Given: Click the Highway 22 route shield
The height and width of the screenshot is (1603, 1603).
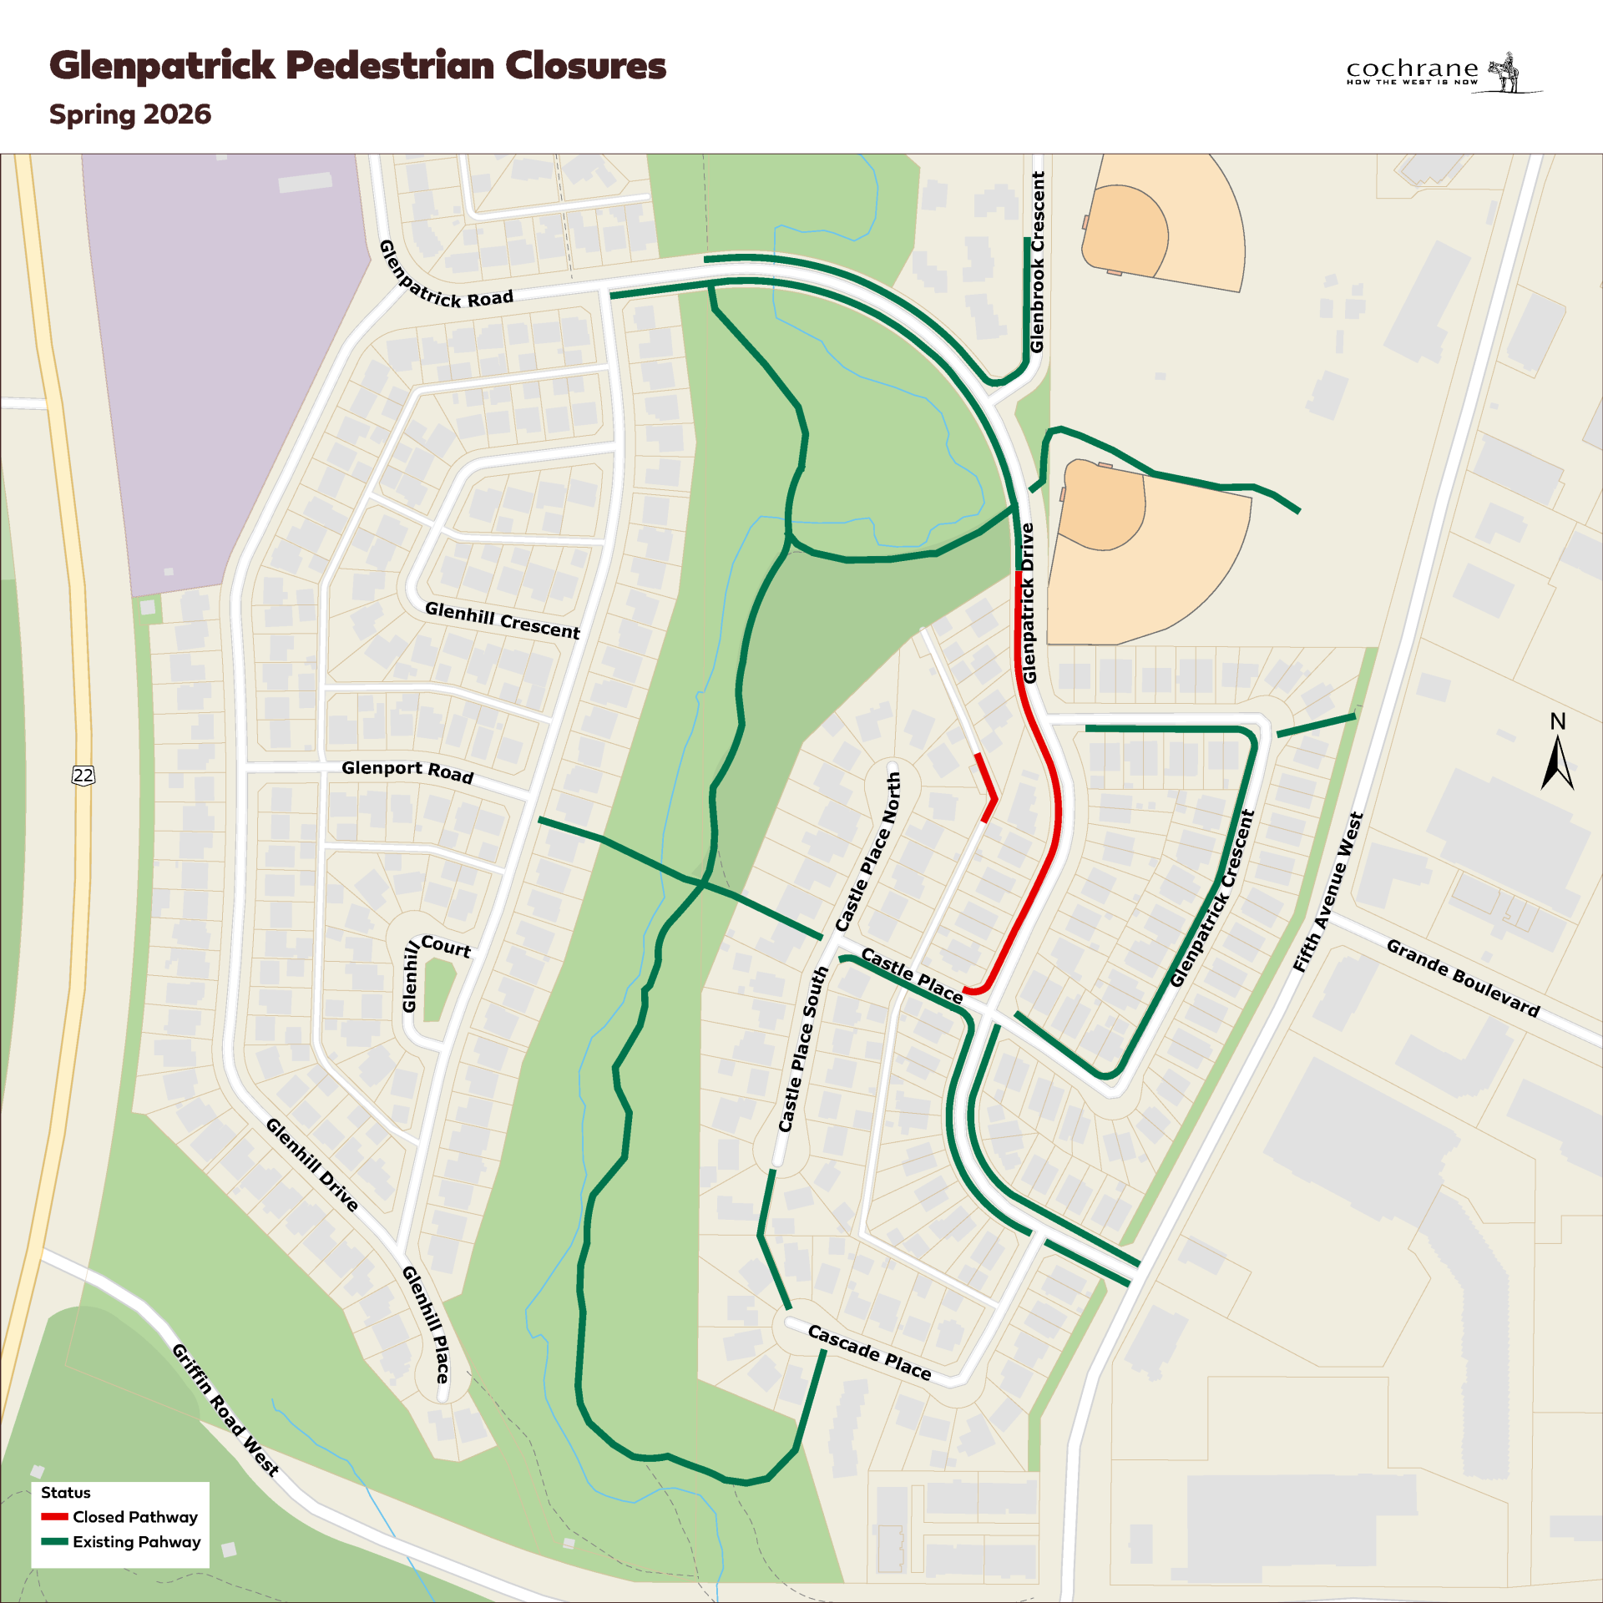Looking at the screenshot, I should point(83,775).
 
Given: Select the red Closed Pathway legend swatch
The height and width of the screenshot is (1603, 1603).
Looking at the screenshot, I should point(54,1516).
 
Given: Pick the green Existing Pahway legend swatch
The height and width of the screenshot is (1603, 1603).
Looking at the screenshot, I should point(54,1541).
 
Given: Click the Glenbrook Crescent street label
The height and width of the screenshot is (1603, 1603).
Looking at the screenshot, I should point(1038,262).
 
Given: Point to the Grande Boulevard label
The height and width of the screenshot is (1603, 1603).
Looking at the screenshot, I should point(1463,978).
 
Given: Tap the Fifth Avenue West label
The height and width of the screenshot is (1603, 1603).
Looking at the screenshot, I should point(1328,893).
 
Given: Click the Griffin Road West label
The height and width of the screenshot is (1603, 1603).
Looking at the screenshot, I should point(225,1409).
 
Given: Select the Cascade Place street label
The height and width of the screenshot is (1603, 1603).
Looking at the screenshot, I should point(869,1353).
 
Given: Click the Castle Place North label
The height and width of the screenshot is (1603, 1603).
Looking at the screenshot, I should point(869,851).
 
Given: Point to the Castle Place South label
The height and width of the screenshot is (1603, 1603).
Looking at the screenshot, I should point(802,1049).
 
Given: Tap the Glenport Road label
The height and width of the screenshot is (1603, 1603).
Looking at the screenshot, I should point(407,771).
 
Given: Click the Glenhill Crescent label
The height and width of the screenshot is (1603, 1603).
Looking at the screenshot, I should point(503,620).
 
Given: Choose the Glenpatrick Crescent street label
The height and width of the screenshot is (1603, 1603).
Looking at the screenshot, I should point(1212,898).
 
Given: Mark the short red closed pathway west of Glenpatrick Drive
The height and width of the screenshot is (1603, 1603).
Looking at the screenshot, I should point(987,785).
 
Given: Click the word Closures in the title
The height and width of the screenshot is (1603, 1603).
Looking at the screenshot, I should point(585,65).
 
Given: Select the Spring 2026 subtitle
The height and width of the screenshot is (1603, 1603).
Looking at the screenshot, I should point(130,114).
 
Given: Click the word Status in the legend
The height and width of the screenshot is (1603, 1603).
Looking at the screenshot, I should point(66,1492).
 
